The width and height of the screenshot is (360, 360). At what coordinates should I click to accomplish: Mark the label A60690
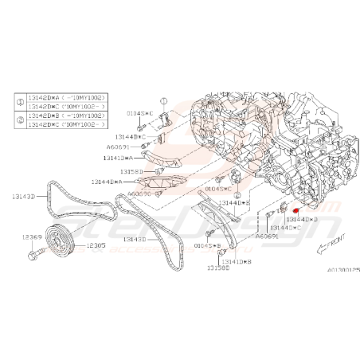click(140, 193)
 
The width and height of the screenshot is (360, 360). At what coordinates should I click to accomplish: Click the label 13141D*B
click(237, 260)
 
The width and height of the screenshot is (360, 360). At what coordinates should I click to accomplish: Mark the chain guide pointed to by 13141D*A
click(156, 153)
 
